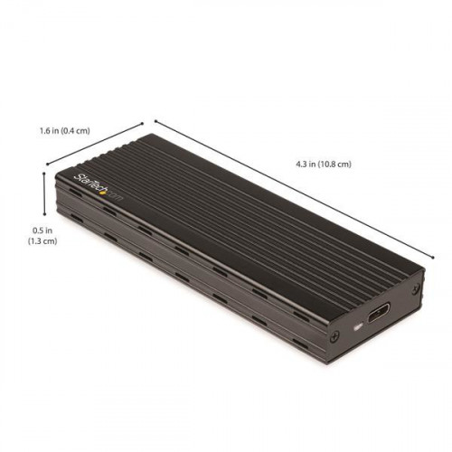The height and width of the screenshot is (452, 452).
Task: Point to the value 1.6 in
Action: [x=51, y=131]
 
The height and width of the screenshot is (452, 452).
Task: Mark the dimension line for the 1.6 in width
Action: [x=95, y=145]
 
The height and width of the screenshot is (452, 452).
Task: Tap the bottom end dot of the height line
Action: [x=44, y=214]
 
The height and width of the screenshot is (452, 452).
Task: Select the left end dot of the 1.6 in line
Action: [x=47, y=165]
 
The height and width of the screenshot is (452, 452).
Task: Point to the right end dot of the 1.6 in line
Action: [x=143, y=123]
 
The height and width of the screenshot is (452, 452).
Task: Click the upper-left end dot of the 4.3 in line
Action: [x=155, y=120]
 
